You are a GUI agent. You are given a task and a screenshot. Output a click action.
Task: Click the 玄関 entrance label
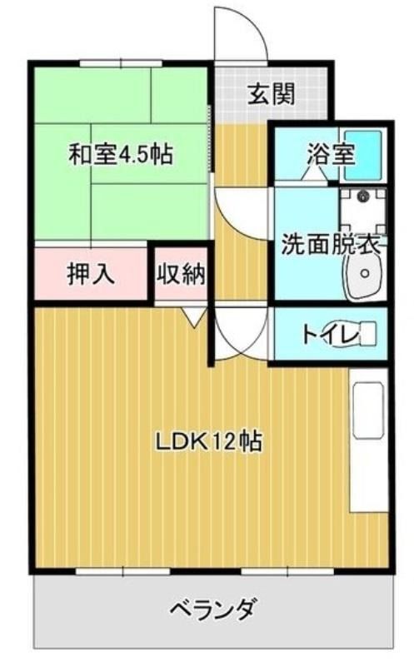tap(271, 95)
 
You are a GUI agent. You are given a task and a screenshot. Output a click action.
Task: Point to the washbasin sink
tap(363, 275)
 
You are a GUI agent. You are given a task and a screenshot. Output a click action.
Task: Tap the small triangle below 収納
tap(194, 315)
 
